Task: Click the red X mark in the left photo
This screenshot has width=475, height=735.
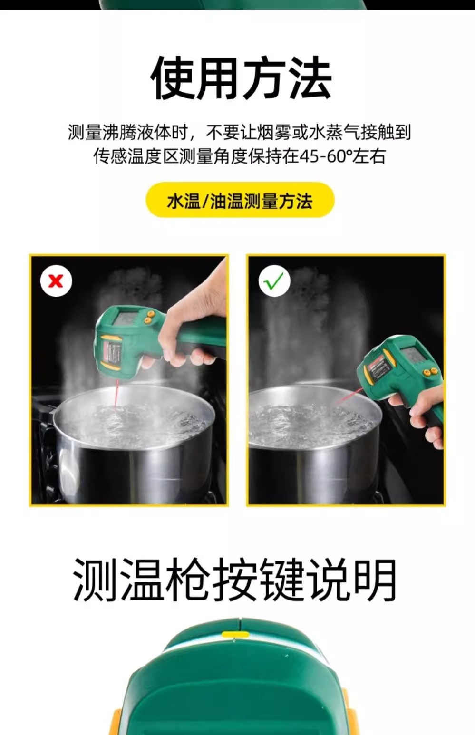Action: (x=56, y=281)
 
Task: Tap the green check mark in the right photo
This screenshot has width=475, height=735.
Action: (x=274, y=281)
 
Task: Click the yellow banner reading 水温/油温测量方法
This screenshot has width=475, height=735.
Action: (x=240, y=200)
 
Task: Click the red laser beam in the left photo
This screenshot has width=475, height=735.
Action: (x=116, y=395)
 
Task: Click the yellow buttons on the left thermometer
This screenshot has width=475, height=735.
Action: (x=149, y=316)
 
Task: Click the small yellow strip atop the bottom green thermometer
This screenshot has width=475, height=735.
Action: (x=235, y=634)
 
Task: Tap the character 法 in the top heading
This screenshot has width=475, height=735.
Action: (x=310, y=78)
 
